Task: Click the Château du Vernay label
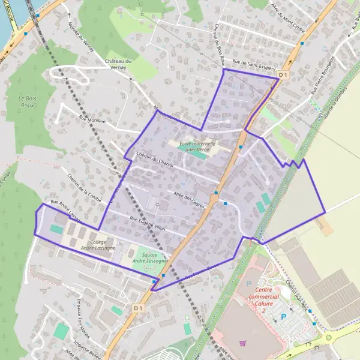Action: [x=118, y=65]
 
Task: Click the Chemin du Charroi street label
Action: [x=155, y=159]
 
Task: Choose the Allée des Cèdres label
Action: [x=190, y=199]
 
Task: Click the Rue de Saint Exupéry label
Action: [x=253, y=66]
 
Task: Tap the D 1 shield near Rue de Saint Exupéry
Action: [x=284, y=74]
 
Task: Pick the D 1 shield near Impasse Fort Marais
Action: [x=138, y=308]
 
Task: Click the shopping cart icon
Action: [x=242, y=343]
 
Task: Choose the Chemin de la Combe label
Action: [x=80, y=189]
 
